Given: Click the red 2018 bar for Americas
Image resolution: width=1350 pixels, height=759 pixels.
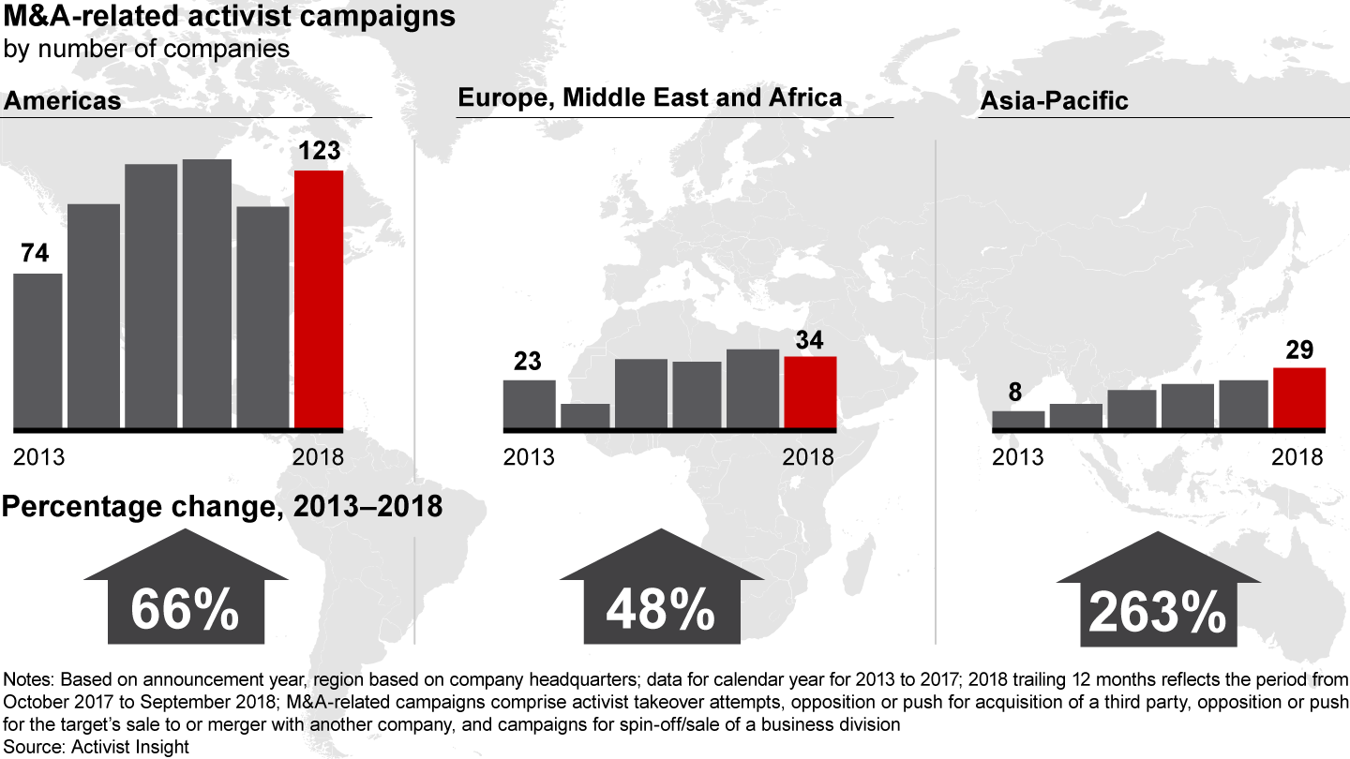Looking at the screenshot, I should (319, 299).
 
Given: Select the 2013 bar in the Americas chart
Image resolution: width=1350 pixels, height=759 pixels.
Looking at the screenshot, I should (37, 350).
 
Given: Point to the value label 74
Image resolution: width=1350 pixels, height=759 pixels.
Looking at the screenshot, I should (35, 255).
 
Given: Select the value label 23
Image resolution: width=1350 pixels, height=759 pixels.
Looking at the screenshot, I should (528, 362).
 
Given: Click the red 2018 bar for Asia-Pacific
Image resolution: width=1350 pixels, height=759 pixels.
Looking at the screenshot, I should (1299, 397).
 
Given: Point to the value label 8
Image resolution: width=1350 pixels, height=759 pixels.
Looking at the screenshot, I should (1015, 393).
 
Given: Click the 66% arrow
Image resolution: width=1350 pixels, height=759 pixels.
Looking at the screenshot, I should (184, 590).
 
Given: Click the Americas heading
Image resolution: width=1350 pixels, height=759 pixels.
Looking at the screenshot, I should (63, 101).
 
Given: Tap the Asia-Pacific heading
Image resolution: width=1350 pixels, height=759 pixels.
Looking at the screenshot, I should (1054, 101).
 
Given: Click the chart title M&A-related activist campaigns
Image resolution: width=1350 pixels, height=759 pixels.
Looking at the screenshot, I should (229, 19).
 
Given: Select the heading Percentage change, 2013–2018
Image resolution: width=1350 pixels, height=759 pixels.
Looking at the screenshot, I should (222, 507).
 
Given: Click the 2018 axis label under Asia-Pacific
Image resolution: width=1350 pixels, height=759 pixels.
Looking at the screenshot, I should (1297, 457).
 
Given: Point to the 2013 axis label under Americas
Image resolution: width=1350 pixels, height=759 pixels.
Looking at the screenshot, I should (38, 457).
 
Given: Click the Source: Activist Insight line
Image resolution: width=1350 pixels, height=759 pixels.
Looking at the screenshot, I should (97, 746).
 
